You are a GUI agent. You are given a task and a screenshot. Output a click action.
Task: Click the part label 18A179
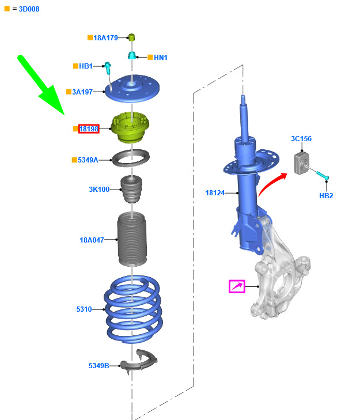(105, 38)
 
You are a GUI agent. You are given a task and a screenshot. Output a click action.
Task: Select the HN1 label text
(161, 57)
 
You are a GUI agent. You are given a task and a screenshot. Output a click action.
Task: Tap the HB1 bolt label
(86, 66)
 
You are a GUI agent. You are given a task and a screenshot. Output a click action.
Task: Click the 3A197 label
(82, 92)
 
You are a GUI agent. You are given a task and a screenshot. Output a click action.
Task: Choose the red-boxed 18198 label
(89, 129)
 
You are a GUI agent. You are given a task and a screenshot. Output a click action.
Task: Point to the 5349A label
(88, 160)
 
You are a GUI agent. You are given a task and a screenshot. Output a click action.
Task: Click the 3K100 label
(99, 190)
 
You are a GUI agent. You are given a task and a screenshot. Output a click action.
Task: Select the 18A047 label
(92, 240)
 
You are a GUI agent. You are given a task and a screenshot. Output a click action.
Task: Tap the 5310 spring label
(84, 309)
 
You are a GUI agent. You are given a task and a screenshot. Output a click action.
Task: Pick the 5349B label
(99, 366)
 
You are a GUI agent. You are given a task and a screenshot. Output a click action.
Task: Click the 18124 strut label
(215, 193)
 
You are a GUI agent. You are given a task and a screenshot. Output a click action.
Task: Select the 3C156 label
(301, 139)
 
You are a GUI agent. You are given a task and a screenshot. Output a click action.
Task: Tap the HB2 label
(326, 195)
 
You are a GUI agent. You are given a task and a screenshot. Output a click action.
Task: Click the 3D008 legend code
(29, 9)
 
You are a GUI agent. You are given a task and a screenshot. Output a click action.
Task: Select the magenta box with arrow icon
(237, 286)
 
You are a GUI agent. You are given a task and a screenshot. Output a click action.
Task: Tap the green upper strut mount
(130, 127)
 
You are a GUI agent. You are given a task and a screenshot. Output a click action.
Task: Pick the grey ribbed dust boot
(132, 239)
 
